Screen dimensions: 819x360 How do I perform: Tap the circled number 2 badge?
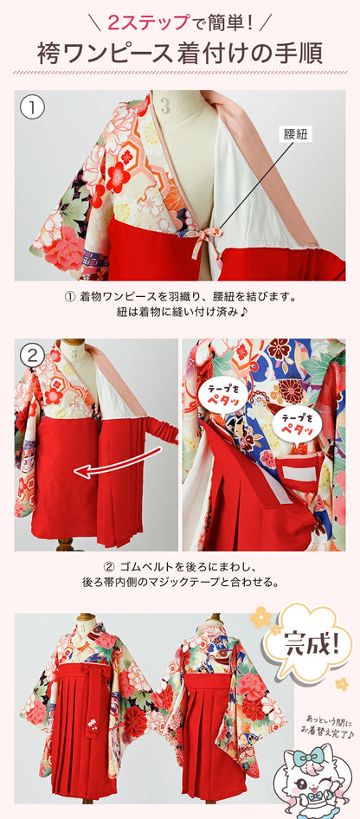(x=32, y=354)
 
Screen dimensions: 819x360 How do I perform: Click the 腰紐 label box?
(x=295, y=134)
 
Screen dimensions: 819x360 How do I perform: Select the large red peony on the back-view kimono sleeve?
(x=255, y=692)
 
